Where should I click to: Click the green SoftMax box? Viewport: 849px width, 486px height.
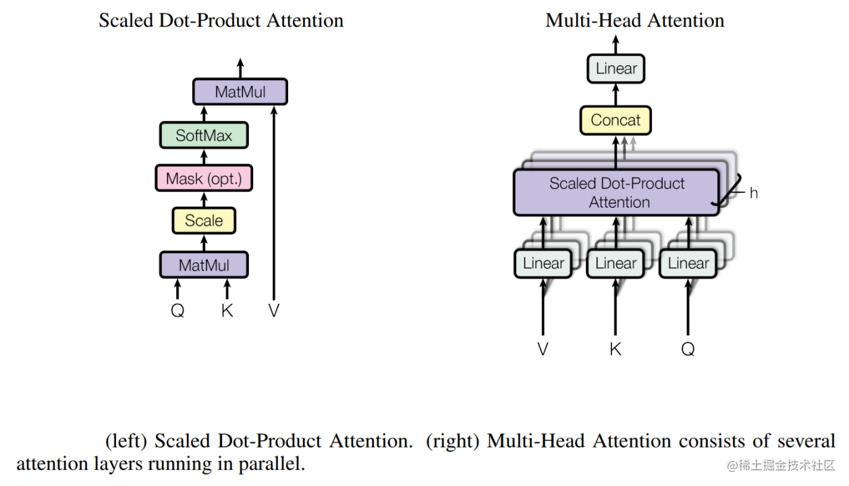coord(204,136)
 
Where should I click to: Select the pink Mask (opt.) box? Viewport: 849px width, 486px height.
coord(204,179)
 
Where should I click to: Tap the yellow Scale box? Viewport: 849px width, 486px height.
coord(204,221)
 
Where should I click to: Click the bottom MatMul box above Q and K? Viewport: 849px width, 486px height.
coord(204,265)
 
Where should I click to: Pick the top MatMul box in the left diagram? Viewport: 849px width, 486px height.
coord(240,92)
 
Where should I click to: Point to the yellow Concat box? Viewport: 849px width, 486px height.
coord(615,120)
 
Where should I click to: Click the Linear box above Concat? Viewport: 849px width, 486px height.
coord(616,69)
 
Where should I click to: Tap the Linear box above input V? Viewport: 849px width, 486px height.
coord(543,263)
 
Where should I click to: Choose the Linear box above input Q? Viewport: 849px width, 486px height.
coord(688,263)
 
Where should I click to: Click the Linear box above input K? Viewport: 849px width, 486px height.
coord(615,263)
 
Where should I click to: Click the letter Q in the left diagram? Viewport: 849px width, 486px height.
coord(177,311)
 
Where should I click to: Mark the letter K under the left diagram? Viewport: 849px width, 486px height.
coord(227,311)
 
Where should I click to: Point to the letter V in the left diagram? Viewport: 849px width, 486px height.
coord(273,311)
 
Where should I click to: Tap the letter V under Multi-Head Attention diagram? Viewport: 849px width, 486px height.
coord(543,349)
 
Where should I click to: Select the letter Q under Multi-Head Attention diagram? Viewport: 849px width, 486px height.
coord(688,349)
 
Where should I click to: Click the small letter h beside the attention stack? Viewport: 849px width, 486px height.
coord(753,193)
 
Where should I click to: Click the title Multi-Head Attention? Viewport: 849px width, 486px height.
coord(634,20)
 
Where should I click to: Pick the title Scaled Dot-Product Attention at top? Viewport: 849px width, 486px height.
coord(221,20)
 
